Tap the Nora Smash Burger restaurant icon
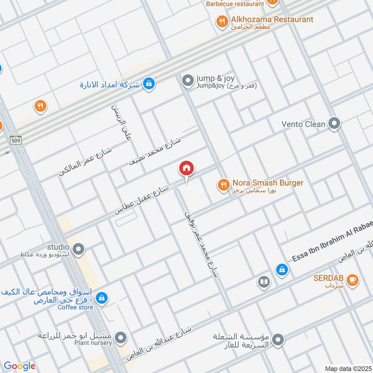223,186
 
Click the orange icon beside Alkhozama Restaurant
222,21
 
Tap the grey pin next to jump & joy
188,81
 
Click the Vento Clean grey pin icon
334,124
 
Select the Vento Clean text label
304,124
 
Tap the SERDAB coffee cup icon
352,280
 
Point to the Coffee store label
76,307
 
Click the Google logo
19,366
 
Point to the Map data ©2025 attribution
348,368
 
